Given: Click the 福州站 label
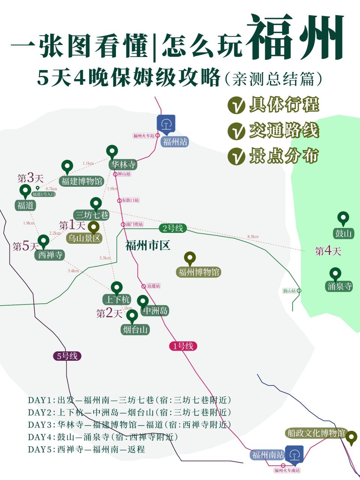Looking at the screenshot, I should [x=175, y=142].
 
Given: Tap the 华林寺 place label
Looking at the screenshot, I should [x=123, y=165].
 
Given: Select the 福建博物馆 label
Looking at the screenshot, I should [x=82, y=181].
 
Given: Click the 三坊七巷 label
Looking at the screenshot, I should [x=92, y=215].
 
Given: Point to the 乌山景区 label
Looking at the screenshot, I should [x=84, y=238].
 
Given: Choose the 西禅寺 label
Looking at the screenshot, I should [x=50, y=255].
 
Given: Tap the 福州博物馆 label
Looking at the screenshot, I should [x=199, y=272].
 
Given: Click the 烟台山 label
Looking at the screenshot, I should [x=135, y=330].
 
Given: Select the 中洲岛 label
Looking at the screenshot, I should [x=155, y=310].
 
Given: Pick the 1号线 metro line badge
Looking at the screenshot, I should [x=183, y=346].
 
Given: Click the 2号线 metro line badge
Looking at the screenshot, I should [x=173, y=228].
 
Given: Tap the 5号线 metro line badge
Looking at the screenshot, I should [x=67, y=356].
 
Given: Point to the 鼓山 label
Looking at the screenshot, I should [x=343, y=233].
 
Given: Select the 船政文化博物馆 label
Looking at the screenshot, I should [x=316, y=433].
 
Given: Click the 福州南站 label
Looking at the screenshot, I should [x=268, y=455].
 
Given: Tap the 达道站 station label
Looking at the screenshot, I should [x=153, y=286].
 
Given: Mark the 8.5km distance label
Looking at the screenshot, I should [x=253, y=237].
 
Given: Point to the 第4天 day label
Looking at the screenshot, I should [x=328, y=251].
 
